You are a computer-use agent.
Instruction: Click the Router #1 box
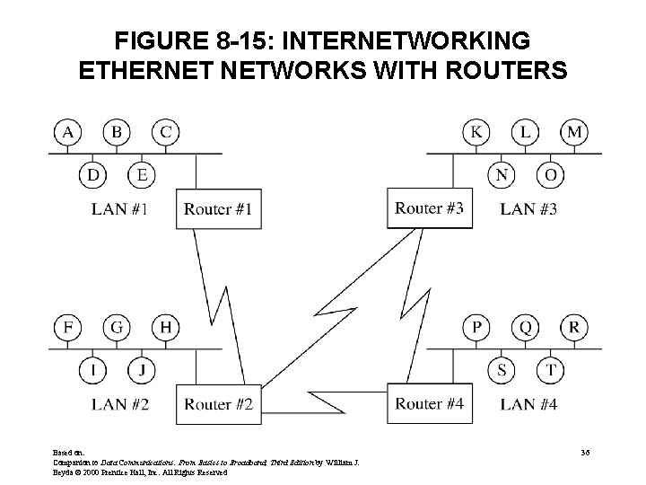coord(218,210)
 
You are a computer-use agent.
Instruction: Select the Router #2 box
coord(218,404)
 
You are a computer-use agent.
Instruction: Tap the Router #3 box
coord(429,209)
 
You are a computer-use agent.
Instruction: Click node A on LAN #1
coord(66,133)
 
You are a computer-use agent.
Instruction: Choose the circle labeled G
coord(116,327)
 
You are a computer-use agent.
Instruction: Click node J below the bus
coord(140,369)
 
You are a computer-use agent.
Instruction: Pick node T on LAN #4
coord(551,369)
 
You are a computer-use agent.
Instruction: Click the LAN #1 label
coord(119,210)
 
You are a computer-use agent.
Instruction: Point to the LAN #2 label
coord(119,404)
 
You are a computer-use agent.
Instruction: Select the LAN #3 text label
coord(528,209)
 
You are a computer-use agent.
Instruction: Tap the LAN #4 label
coord(528,404)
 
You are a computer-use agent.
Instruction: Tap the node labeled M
coord(575,133)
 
